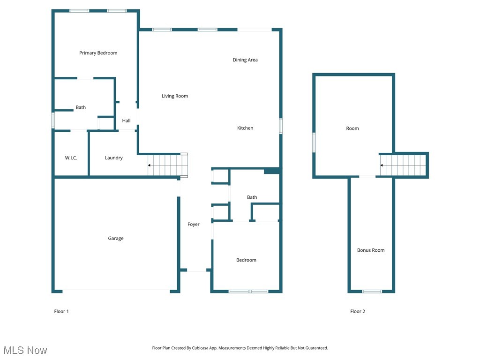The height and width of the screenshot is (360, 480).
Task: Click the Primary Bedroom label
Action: tap(98, 53)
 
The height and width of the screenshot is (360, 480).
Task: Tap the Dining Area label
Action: tap(245, 60)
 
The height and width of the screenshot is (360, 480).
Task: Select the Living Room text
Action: tap(175, 96)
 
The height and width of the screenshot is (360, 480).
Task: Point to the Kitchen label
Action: tap(245, 128)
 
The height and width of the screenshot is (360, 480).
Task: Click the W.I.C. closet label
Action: tap(71, 158)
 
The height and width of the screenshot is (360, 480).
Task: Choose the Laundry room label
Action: tap(113, 158)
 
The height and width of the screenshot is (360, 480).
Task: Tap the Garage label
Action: tap(116, 239)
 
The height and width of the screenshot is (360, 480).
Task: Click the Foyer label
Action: tap(194, 225)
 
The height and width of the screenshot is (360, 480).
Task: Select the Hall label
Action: tap(126, 121)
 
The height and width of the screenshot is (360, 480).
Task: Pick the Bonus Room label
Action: tap(371, 250)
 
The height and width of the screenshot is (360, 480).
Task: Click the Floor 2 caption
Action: tap(358, 311)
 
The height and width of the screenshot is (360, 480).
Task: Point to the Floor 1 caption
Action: tap(61, 311)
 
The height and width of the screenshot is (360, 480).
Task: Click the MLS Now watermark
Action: tap(25, 350)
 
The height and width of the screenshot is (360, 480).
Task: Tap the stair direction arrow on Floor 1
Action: tap(150, 165)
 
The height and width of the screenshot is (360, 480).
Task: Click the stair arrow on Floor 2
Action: tap(382, 165)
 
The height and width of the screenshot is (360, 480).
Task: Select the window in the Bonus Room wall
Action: tap(372, 292)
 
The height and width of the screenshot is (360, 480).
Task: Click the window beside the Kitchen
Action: tap(281, 127)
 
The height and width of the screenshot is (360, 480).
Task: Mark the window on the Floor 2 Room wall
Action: tap(314, 142)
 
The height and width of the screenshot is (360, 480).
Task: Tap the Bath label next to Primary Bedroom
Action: tap(81, 108)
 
